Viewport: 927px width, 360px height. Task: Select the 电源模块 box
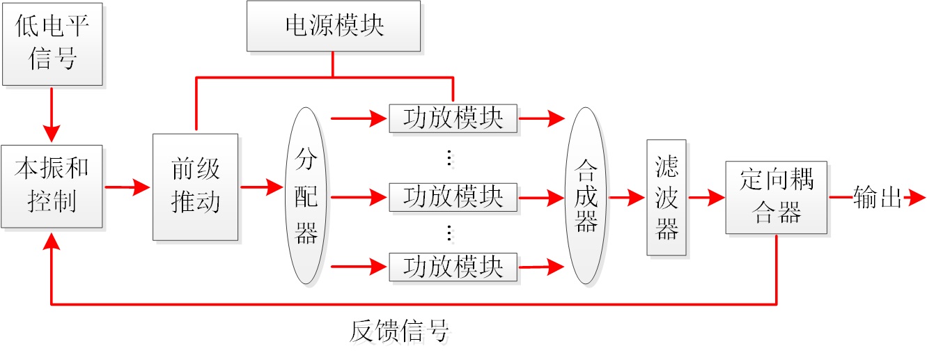click(334, 26)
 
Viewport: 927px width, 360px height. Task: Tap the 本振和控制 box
click(52, 186)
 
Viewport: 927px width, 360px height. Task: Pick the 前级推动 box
click(196, 187)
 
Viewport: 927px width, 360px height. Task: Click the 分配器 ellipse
click(306, 196)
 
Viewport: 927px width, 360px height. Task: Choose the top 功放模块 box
click(453, 118)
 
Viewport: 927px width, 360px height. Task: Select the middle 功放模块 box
click(453, 197)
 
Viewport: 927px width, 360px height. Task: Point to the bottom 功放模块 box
click(453, 267)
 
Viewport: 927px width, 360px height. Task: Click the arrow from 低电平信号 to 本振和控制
click(52, 115)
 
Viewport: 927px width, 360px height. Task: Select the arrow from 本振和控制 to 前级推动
click(127, 187)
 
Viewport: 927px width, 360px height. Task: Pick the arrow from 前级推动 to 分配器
click(263, 187)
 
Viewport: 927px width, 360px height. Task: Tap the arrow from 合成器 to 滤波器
click(626, 198)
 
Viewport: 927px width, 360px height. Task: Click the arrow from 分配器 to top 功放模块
click(359, 118)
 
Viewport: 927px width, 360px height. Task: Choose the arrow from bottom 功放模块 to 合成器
click(541, 267)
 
